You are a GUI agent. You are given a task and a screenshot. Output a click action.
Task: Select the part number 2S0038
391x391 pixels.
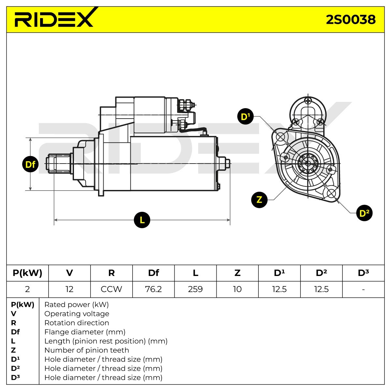(x=351, y=20)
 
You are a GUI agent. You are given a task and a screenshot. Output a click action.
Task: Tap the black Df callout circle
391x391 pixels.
(x=30, y=164)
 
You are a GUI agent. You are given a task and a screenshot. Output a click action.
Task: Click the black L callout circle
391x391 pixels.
(x=142, y=220)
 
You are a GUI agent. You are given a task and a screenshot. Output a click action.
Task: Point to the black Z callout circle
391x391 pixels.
(x=259, y=200)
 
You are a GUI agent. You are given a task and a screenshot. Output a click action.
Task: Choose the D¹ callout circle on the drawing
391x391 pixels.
(x=245, y=116)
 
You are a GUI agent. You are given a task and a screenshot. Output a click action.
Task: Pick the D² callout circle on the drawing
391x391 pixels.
(x=364, y=213)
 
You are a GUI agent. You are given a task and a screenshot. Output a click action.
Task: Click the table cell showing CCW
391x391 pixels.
(x=111, y=289)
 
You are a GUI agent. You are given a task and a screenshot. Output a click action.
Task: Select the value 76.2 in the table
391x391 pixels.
(x=153, y=289)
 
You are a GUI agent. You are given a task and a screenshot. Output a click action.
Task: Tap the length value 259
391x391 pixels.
(x=195, y=289)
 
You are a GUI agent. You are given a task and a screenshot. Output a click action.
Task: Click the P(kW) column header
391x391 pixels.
(x=27, y=273)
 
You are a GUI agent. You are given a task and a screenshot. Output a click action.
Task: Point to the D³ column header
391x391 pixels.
(x=363, y=273)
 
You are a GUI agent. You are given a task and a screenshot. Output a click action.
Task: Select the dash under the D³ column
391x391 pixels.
(x=363, y=289)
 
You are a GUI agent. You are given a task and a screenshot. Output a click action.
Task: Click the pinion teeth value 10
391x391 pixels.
(x=237, y=289)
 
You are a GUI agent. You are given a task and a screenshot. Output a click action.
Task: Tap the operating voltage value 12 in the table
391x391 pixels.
(x=69, y=289)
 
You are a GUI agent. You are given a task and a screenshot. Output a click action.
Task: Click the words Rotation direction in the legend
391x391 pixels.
(x=77, y=323)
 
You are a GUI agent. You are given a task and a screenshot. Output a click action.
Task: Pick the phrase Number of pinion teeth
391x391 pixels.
(x=87, y=350)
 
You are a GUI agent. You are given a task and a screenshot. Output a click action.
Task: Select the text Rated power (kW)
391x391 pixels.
(x=77, y=305)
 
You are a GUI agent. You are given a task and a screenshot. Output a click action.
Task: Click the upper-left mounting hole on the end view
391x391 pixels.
(x=281, y=137)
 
